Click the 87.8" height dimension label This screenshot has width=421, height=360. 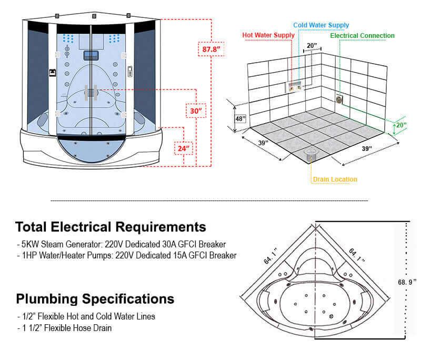pyautogui.click(x=211, y=49)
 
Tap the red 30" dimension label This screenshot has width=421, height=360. pyautogui.click(x=196, y=111)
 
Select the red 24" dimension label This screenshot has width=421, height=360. pyautogui.click(x=184, y=148)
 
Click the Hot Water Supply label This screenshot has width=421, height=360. pyautogui.click(x=268, y=35)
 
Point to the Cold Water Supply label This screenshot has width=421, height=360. pyautogui.click(x=321, y=25)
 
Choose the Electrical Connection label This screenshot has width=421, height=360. pyautogui.click(x=362, y=36)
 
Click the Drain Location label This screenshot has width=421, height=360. pyautogui.click(x=335, y=179)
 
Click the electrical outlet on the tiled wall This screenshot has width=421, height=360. pyautogui.click(x=339, y=99)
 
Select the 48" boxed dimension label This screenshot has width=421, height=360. pyautogui.click(x=240, y=118)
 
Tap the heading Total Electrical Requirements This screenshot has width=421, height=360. pyautogui.click(x=111, y=227)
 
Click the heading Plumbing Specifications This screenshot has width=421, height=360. pyautogui.click(x=95, y=299)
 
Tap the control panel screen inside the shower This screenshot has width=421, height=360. pyautogui.click(x=91, y=56)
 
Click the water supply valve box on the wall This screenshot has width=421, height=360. pyautogui.click(x=294, y=86)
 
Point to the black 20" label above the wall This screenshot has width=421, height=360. pyautogui.click(x=312, y=45)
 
